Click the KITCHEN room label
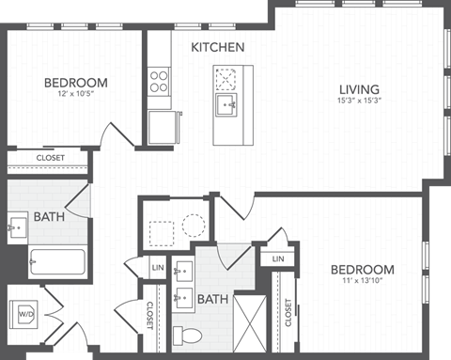tap(218, 47)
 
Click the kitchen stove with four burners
tap(160, 79)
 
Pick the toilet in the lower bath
tap(189, 335)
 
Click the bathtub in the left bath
tap(57, 261)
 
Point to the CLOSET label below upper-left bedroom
tap(51, 158)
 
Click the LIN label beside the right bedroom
tap(278, 258)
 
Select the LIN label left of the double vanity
tap(157, 270)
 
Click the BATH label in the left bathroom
tap(49, 218)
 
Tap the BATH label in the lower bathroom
tap(211, 300)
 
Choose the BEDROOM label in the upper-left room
tap(76, 83)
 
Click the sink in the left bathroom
tap(18, 227)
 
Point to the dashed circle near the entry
tap(194, 225)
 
